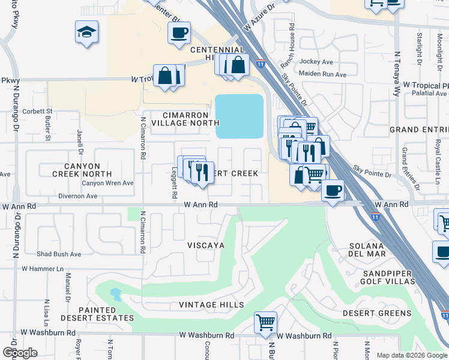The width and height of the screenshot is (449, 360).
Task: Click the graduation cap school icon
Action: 86,31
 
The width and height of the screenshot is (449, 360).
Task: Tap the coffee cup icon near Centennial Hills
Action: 178,32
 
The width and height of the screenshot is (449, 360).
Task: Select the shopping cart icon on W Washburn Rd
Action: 265,322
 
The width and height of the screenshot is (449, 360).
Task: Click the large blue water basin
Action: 240,116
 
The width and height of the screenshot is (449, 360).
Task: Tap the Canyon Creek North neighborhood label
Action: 82,169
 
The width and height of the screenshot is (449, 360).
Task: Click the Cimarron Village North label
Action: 185,118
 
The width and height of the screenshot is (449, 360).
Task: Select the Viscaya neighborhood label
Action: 206,245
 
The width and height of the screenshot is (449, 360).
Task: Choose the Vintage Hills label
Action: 211,305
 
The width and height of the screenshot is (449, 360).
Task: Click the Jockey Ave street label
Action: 316,62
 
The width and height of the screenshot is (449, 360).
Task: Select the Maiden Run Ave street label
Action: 324,74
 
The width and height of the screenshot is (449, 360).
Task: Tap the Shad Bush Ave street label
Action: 59,254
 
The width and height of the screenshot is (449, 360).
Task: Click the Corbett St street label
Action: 38,111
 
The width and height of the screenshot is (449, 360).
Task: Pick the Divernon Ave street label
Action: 77,196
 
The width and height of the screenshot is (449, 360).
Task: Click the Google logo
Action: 20,353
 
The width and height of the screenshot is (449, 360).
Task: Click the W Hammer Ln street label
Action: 42,269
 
